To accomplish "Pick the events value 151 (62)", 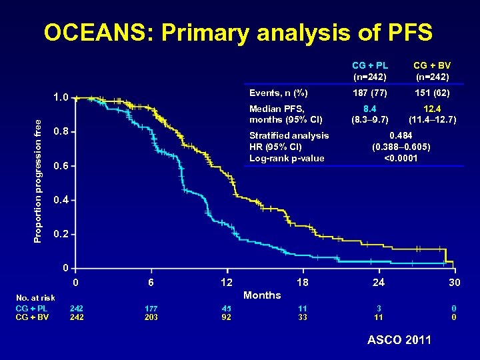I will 431,93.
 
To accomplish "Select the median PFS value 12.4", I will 431,108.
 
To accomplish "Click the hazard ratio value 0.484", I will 401,135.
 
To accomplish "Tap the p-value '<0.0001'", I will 401,158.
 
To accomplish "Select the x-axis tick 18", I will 303,283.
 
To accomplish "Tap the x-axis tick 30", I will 454,283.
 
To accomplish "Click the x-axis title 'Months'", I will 263,295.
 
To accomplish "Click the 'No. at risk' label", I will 35,298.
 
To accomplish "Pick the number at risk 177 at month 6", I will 151,309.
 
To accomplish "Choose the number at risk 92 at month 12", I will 227,317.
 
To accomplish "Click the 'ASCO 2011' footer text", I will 399,340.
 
